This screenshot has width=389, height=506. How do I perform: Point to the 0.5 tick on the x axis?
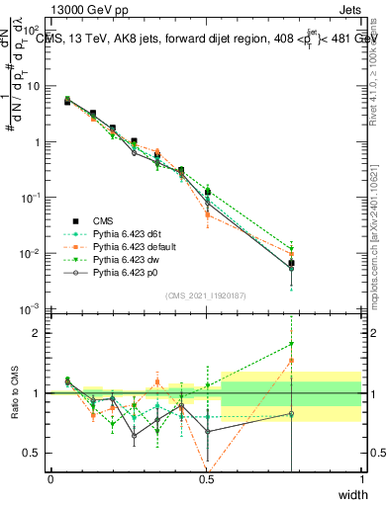pyautogui.click(x=207, y=479)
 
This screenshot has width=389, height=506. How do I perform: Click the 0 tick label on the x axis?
pyautogui.click(x=51, y=479)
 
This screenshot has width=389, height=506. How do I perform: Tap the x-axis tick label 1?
pyautogui.click(x=361, y=479)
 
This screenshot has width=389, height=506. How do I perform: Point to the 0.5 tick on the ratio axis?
pyautogui.click(x=35, y=453)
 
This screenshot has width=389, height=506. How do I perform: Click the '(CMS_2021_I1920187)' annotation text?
pyautogui.click(x=205, y=295)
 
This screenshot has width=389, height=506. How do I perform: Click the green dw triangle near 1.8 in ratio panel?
pyautogui.click(x=291, y=344)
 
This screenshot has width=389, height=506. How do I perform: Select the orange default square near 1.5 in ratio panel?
pyautogui.click(x=291, y=361)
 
